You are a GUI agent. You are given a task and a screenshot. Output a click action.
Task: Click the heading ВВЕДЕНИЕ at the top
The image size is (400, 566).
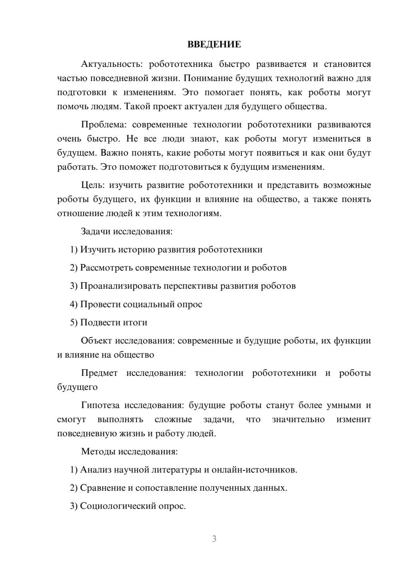pyautogui.click(x=214, y=44)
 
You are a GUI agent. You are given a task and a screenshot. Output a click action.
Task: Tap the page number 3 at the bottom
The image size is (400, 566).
pyautogui.click(x=214, y=539)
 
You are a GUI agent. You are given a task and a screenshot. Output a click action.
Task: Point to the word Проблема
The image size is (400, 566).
pyautogui.click(x=103, y=124)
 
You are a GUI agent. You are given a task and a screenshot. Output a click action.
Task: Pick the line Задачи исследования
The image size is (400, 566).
pyautogui.click(x=127, y=231)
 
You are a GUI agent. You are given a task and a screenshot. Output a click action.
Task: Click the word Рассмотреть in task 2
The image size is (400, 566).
pyautogui.click(x=106, y=268)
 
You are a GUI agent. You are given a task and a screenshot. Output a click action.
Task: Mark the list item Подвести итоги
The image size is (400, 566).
pyautogui.click(x=114, y=323)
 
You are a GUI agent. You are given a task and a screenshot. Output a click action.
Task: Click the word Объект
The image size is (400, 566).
pyautogui.click(x=96, y=341)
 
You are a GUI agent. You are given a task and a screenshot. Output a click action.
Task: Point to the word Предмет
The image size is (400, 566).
pyautogui.click(x=99, y=373)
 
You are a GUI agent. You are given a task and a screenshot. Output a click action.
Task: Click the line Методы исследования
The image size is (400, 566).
pyautogui.click(x=129, y=452)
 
